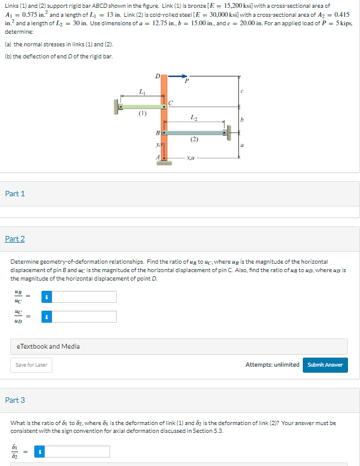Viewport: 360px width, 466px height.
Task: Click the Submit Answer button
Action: pos(325,364)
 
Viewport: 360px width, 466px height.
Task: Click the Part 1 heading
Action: pos(15,193)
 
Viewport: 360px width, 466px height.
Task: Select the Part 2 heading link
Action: pos(15,239)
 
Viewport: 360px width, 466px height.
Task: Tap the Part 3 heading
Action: pos(15,400)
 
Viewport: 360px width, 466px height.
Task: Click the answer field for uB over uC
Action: pos(84,297)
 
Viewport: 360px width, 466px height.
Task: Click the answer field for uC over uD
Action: pos(84,316)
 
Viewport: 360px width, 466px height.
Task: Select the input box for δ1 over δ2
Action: pos(78,451)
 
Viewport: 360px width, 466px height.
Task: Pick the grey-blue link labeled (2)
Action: pos(194,132)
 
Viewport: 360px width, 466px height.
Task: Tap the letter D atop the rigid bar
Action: pos(158,76)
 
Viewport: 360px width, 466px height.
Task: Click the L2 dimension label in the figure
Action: pos(193,117)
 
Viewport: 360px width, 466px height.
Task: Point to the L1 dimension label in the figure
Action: pos(141,92)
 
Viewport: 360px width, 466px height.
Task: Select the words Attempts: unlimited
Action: pos(272,364)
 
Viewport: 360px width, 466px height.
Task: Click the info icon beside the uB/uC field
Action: pos(46,297)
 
